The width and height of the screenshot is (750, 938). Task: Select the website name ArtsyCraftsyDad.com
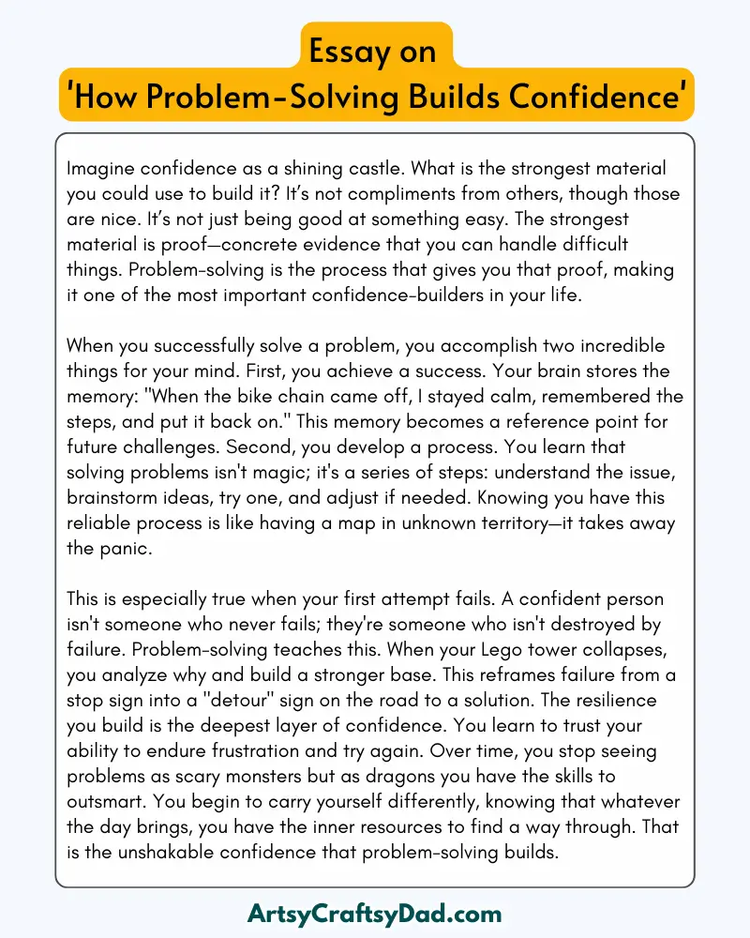(x=375, y=913)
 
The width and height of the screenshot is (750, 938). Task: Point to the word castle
(x=373, y=170)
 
